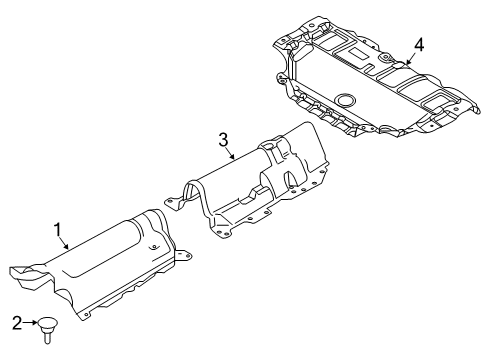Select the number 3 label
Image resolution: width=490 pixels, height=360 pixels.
point(224,139)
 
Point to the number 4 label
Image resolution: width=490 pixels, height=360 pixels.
point(420,44)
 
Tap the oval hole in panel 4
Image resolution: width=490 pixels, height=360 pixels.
point(346,100)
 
